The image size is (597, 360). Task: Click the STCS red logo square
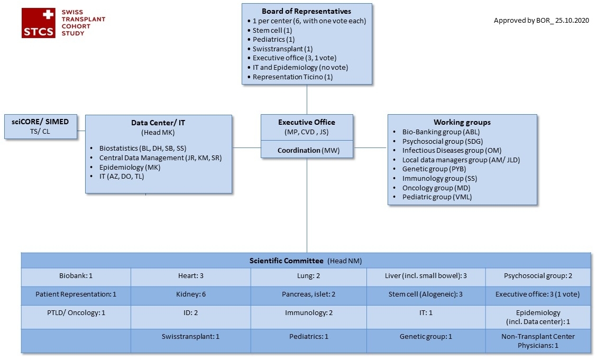tap(39, 23)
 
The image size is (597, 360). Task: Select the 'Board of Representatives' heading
tap(306, 11)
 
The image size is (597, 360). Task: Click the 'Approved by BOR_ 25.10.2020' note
tap(541, 21)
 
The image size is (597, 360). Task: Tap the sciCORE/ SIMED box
tap(40, 126)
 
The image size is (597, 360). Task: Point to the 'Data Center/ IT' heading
tap(158, 123)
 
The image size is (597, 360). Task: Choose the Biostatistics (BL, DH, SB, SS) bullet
tap(143, 148)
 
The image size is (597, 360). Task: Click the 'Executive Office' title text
tap(307, 122)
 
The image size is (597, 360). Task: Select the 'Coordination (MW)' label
tap(307, 150)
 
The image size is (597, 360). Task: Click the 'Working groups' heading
tap(462, 122)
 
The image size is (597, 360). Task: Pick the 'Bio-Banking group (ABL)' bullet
tap(441, 132)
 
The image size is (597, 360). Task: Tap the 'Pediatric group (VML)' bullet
tap(437, 197)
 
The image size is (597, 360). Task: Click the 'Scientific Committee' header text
tap(286, 261)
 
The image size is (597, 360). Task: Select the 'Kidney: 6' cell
tap(190, 294)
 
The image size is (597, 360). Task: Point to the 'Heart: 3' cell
tap(190, 276)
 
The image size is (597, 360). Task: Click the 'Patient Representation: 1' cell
tap(76, 294)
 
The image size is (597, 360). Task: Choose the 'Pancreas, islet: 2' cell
tap(308, 294)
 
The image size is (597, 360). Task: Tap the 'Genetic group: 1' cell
tap(425, 336)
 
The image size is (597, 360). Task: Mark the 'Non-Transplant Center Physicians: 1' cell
tap(537, 340)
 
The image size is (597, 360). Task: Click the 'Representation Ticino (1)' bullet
tap(292, 77)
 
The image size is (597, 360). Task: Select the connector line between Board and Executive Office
tap(307, 99)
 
